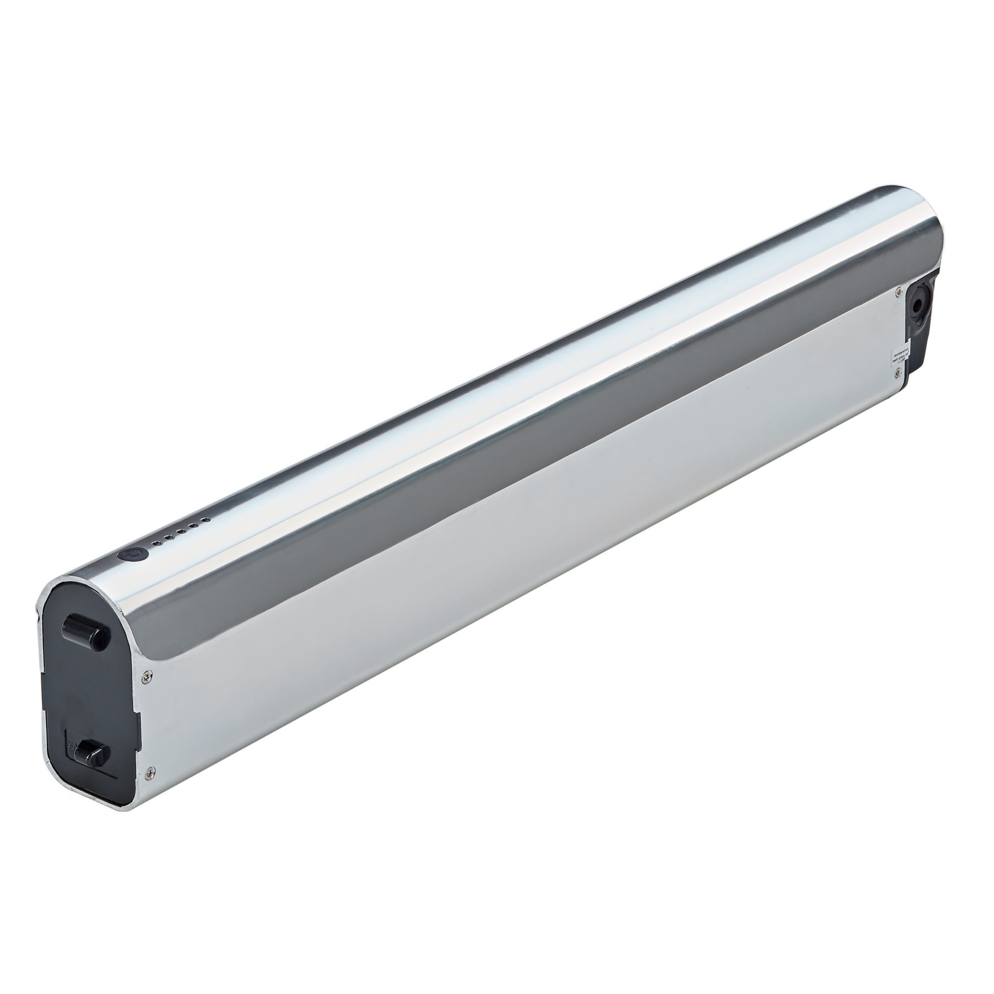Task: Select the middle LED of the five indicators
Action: (x=180, y=531)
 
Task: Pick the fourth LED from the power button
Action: (x=193, y=525)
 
